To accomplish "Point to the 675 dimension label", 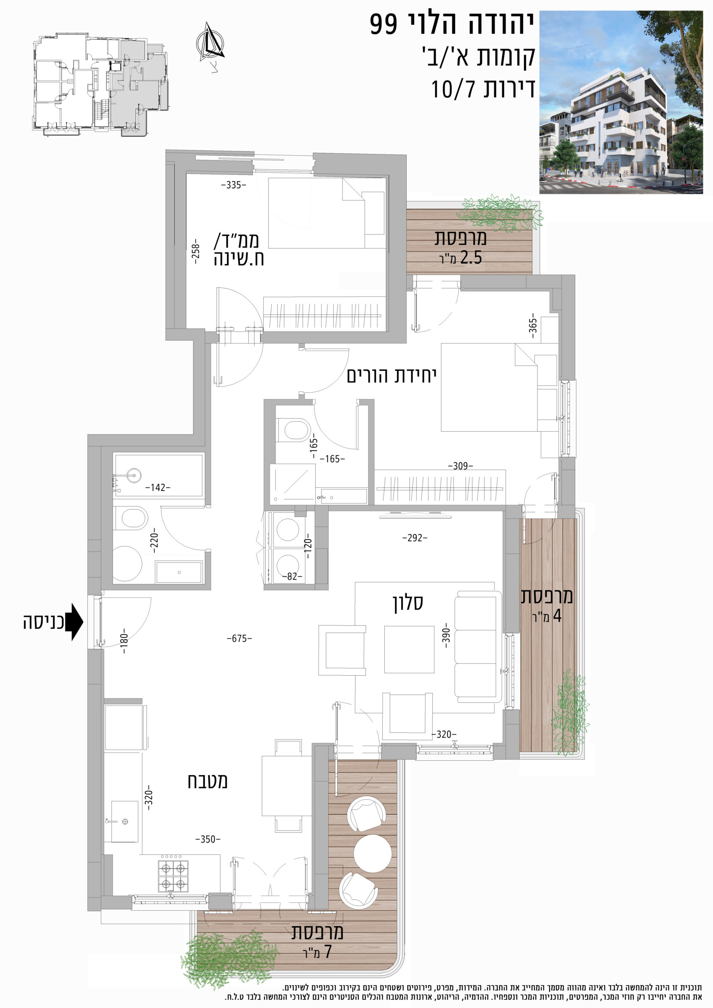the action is pyautogui.click(x=239, y=638).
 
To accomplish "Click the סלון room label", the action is pyautogui.click(x=408, y=602).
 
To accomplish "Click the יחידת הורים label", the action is pyautogui.click(x=392, y=375).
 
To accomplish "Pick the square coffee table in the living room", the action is pyautogui.click(x=409, y=649).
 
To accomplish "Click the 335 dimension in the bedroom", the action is pyautogui.click(x=233, y=185).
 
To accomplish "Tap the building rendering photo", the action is pyautogui.click(x=624, y=102).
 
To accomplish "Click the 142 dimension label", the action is pyautogui.click(x=158, y=487).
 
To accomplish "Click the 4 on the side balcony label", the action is pyautogui.click(x=557, y=616).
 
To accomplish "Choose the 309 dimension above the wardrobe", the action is pyautogui.click(x=461, y=466).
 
